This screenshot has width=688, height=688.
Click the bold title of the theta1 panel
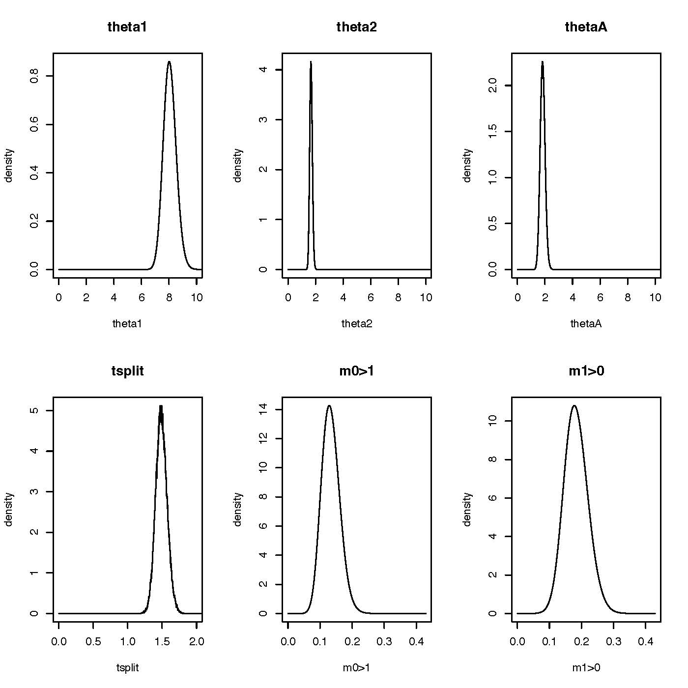[x=127, y=27]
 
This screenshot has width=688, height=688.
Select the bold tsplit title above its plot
[x=127, y=371]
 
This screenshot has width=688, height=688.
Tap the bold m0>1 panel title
[x=357, y=371]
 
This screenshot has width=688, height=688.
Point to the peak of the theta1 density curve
[x=169, y=62]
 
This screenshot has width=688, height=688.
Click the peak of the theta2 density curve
[x=311, y=62]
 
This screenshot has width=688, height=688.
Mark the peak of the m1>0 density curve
[x=574, y=406]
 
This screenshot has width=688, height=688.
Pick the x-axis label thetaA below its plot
[x=586, y=323]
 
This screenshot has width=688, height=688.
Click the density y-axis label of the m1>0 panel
[x=467, y=509]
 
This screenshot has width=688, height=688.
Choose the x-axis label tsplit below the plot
[x=127, y=667]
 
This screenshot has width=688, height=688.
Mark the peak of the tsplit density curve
[x=161, y=406]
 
